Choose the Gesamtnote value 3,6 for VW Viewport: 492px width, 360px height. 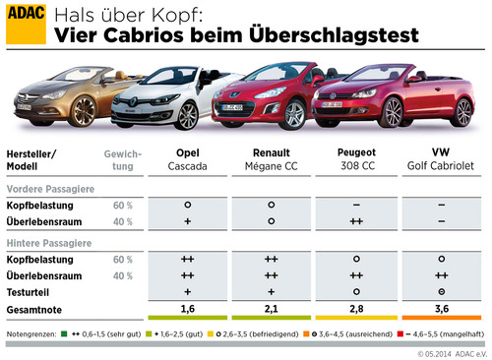[442, 308]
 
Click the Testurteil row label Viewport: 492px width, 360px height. [34, 292]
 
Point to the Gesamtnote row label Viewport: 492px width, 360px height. [38, 308]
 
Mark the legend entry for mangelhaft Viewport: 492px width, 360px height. [448, 333]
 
